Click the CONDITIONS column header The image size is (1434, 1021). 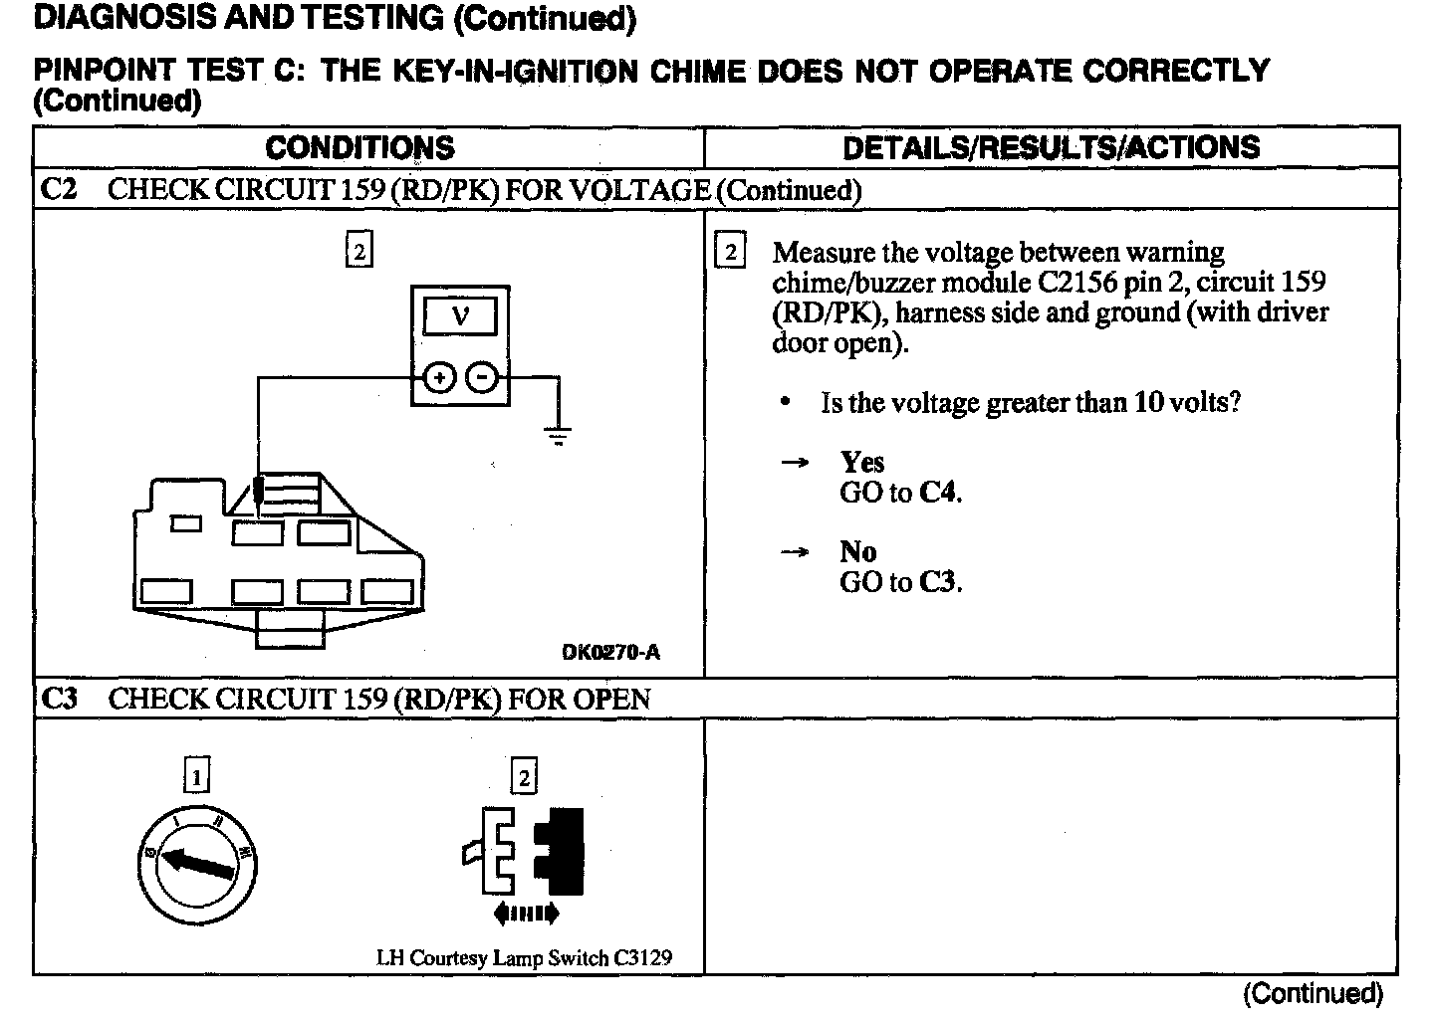tap(359, 148)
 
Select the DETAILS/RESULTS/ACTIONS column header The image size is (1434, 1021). tap(1051, 148)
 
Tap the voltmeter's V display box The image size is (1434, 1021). tap(460, 317)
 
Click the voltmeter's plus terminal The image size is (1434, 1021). tap(440, 378)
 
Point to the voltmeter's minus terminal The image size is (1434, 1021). tap(483, 378)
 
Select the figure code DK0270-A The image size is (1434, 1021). tap(610, 653)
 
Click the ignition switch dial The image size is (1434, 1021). tap(198, 862)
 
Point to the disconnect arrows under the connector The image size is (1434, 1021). tap(526, 913)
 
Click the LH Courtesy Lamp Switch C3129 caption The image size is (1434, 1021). tap(524, 958)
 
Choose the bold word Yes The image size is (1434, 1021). tap(861, 463)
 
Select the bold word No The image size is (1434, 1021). tap(857, 552)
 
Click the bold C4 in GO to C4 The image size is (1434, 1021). tap(939, 494)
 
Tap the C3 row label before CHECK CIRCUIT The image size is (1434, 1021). tap(60, 699)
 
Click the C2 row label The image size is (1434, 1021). tap(60, 190)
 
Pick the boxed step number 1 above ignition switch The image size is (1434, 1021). tap(198, 775)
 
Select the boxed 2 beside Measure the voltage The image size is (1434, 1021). tap(730, 252)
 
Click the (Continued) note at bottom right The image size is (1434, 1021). tap(1314, 993)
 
